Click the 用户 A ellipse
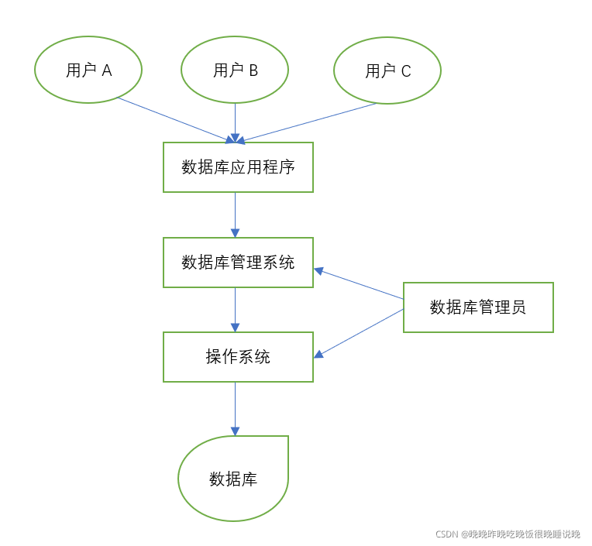[88, 70]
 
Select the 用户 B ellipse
[235, 70]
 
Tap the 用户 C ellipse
[387, 70]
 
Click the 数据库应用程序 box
[238, 167]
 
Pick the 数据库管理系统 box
[238, 263]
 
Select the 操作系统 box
[238, 357]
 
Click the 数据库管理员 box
[478, 307]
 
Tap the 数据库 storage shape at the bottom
[233, 479]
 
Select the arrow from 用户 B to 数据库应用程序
[235, 122]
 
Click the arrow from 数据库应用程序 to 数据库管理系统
[235, 215]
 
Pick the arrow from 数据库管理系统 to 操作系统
[235, 310]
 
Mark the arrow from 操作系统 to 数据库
[235, 408]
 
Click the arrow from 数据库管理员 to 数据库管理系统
[358, 283]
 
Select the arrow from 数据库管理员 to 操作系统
[358, 333]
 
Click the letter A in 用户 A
[107, 70]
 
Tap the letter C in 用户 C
[406, 71]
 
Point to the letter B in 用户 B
[253, 70]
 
